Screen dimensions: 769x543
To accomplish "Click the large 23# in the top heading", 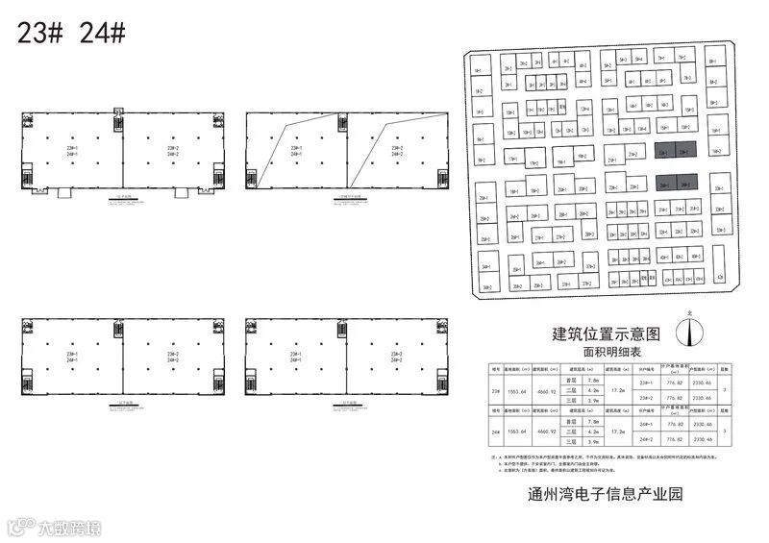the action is click(40, 32).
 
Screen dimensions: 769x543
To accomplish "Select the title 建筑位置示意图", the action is click(607, 334).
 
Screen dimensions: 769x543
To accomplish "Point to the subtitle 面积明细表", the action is click(607, 354).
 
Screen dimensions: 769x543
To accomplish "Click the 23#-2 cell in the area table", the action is click(646, 397).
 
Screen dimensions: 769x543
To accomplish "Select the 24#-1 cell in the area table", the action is click(646, 424).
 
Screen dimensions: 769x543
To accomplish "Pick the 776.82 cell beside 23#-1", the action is click(674, 383).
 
